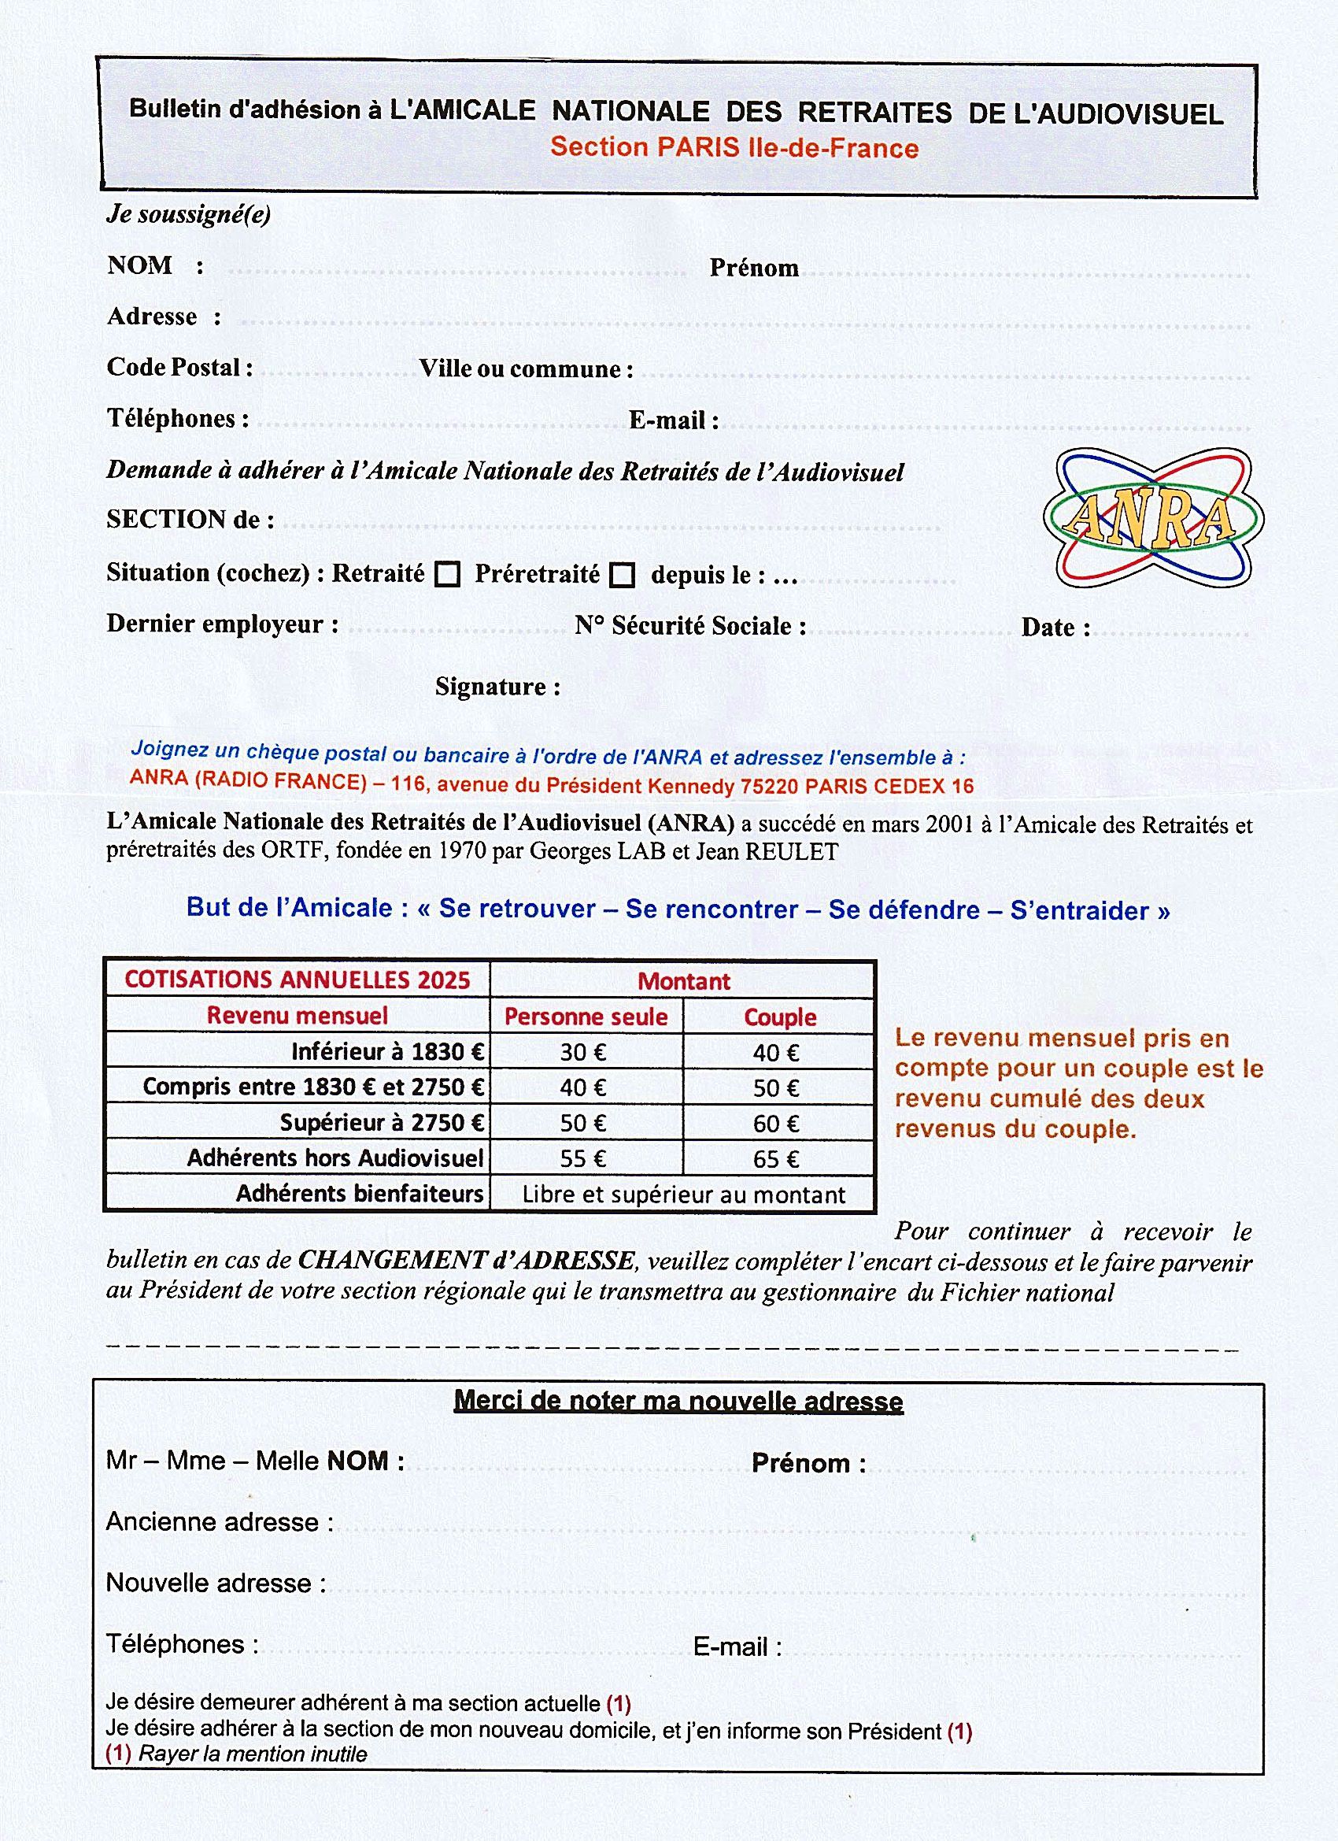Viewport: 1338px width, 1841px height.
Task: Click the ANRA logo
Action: pyautogui.click(x=1152, y=518)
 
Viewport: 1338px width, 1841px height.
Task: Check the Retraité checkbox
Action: pyautogui.click(x=447, y=575)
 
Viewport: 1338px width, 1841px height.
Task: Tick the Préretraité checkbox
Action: pyautogui.click(x=623, y=576)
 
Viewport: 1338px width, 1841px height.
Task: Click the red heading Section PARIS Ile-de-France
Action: pyautogui.click(x=734, y=148)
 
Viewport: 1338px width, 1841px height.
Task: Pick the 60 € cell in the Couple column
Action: pyautogui.click(x=777, y=1124)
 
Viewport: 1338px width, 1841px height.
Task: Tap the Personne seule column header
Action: pyautogui.click(x=586, y=1017)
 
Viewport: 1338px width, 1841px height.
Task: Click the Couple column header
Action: pyautogui.click(x=780, y=1017)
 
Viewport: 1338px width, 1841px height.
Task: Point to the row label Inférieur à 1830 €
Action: pyautogui.click(x=388, y=1052)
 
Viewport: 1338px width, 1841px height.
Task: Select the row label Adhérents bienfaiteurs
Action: pyautogui.click(x=360, y=1193)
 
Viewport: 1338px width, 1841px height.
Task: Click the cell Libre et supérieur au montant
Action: pyautogui.click(x=683, y=1194)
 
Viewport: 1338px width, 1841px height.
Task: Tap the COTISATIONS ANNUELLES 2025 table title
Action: pyautogui.click(x=297, y=980)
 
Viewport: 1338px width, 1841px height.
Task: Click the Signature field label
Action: pyautogui.click(x=497, y=687)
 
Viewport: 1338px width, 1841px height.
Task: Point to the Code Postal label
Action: pyautogui.click(x=179, y=368)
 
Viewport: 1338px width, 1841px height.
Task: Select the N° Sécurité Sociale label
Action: pyautogui.click(x=690, y=626)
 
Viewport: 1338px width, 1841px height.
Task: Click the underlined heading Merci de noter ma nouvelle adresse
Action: pyautogui.click(x=678, y=1401)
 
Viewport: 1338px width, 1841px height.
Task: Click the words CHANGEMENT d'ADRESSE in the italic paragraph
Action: pyautogui.click(x=467, y=1260)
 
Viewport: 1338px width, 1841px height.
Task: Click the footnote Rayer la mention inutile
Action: pyautogui.click(x=253, y=1754)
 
